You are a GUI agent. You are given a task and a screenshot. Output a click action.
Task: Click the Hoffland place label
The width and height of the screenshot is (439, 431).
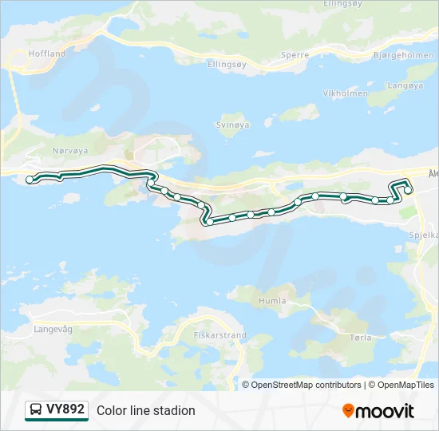pos(47,53)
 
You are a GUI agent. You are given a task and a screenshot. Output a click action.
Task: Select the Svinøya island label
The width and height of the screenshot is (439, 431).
pos(233,125)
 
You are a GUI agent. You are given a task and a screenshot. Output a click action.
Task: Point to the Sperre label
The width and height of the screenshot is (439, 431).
pos(295,56)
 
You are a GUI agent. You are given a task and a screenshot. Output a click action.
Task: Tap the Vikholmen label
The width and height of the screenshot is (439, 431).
pos(346,93)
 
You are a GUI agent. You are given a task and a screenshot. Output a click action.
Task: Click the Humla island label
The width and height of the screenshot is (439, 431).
pos(273,301)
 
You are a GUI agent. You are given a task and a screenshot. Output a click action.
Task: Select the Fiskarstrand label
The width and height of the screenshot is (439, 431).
pos(220,336)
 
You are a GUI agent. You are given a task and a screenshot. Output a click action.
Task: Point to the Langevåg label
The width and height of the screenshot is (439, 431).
pos(53,328)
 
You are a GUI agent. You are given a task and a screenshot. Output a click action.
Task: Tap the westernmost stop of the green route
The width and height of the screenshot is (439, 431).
pos(30,180)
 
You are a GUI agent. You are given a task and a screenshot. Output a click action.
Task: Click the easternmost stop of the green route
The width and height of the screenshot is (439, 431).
pos(408,190)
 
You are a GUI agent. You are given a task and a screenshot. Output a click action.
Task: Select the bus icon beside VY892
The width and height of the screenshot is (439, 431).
pos(36,410)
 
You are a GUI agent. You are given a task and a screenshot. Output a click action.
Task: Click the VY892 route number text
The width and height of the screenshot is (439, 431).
pos(65,410)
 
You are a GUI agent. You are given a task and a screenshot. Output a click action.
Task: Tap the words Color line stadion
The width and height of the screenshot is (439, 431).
pos(146,411)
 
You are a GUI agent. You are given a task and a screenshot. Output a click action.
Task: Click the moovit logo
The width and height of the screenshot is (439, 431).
pos(378,411)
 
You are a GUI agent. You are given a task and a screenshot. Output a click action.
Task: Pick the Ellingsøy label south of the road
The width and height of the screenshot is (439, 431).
pos(227,63)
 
